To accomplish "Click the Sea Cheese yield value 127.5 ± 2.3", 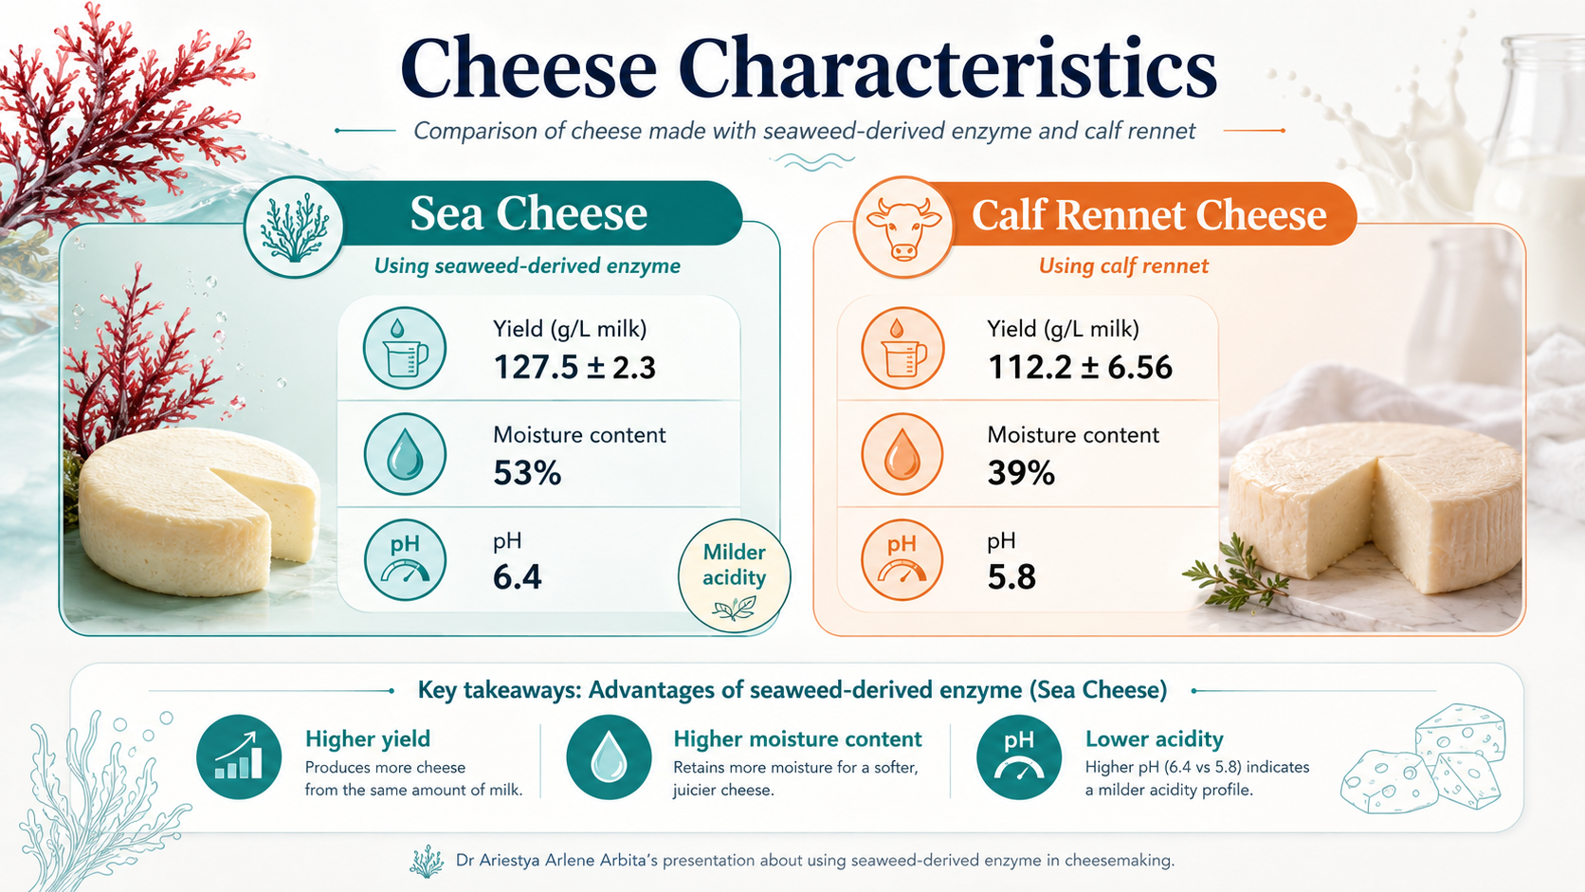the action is [574, 368].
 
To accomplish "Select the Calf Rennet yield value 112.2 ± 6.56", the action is [1080, 368].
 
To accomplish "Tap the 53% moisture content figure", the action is [527, 473].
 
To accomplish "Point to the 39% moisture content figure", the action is [1021, 473].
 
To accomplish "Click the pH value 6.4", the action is [518, 577].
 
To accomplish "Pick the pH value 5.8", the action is [1011, 577].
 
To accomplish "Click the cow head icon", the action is [902, 228].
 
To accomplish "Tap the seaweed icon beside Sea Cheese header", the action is [294, 228].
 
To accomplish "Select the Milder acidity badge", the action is [734, 575].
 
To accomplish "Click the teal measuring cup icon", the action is [405, 348].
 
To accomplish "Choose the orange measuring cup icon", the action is [902, 348].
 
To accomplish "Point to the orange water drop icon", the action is [902, 454].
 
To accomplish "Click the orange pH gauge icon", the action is [902, 560].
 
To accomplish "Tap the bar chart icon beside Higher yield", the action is [239, 756].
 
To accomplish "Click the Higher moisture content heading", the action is [797, 739].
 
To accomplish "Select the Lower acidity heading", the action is [1154, 739].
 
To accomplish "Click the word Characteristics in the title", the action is [947, 68].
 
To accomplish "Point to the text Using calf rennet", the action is [1123, 266].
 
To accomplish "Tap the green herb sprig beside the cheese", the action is [1235, 574].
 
